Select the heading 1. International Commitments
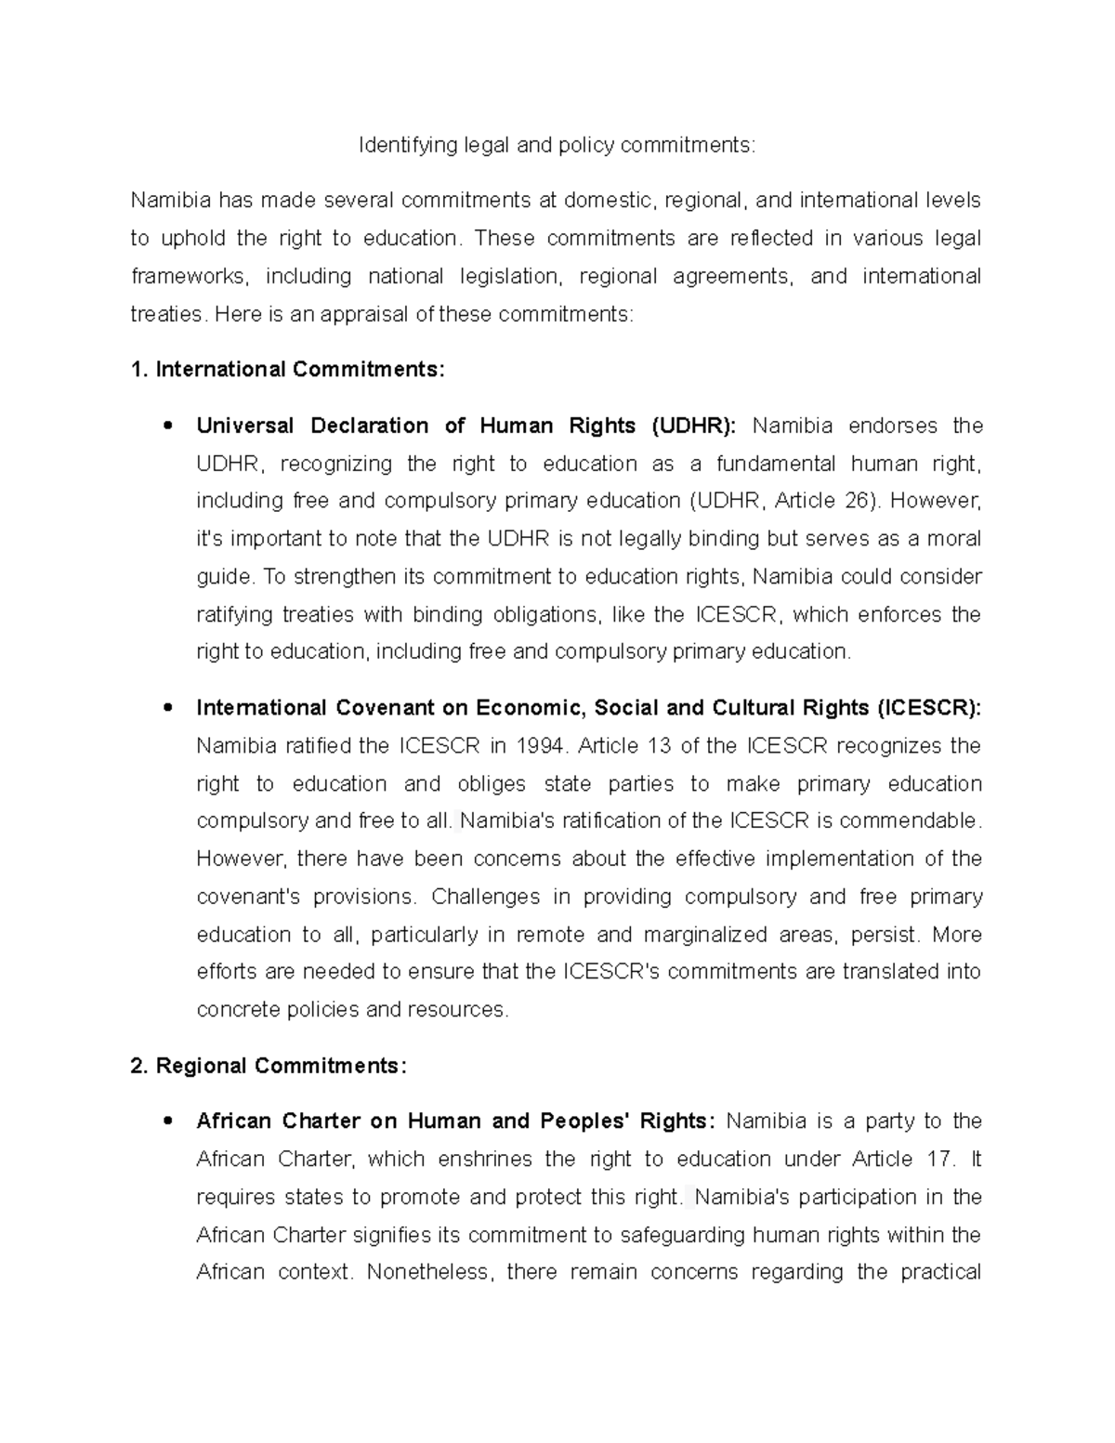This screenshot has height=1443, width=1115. pyautogui.click(x=288, y=370)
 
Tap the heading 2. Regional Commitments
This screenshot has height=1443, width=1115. pyautogui.click(x=269, y=1066)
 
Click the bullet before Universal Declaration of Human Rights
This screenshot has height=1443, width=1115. pyautogui.click(x=167, y=426)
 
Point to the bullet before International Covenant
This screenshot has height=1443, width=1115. pyautogui.click(x=167, y=708)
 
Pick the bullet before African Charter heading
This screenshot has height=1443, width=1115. pyautogui.click(x=167, y=1122)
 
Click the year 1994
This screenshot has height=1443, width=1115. pyautogui.click(x=542, y=746)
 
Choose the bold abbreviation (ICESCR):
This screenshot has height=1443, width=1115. pyautogui.click(x=928, y=708)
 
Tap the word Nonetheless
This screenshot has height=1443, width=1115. pyautogui.click(x=427, y=1272)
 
